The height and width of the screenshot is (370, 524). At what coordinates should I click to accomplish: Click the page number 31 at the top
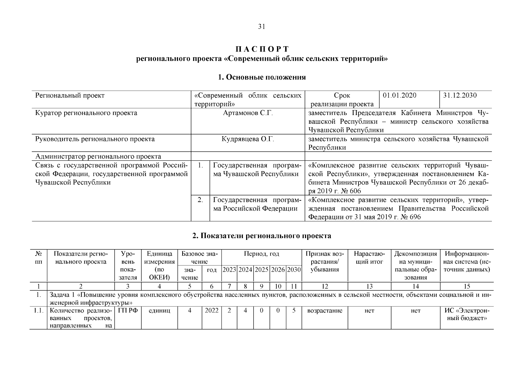click(262, 27)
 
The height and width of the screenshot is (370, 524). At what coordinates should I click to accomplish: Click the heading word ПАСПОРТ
click(262, 49)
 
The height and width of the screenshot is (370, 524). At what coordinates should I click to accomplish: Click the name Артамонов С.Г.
click(248, 113)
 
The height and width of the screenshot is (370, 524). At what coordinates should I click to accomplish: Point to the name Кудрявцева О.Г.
click(248, 139)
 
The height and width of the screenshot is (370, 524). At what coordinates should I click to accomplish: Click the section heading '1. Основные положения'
click(262, 77)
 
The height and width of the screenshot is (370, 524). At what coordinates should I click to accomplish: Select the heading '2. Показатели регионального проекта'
click(262, 236)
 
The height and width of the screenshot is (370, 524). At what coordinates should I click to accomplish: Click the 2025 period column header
click(261, 269)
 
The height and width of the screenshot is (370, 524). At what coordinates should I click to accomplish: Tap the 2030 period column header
click(294, 269)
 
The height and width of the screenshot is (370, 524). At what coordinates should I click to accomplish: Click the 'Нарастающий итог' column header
click(369, 258)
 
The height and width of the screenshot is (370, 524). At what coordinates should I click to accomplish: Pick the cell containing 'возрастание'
click(325, 311)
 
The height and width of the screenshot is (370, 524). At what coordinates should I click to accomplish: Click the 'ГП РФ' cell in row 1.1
click(128, 311)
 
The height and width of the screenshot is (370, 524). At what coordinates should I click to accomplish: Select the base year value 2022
click(212, 311)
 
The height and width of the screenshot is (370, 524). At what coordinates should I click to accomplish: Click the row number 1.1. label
click(38, 311)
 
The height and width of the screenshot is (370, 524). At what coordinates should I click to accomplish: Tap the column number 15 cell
click(467, 286)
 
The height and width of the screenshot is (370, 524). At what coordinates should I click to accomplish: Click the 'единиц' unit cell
click(159, 311)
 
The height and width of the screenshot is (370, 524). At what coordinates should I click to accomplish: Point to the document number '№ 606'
click(351, 191)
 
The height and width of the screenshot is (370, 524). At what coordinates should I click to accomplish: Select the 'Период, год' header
click(261, 254)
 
